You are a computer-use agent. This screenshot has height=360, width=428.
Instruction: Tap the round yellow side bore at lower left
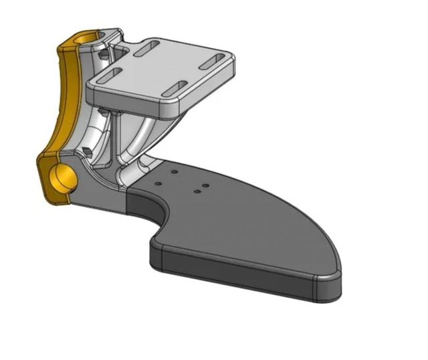point(63,179)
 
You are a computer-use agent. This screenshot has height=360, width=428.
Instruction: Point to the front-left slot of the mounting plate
point(116,74)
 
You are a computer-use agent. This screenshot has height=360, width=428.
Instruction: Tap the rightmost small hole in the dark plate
point(206,185)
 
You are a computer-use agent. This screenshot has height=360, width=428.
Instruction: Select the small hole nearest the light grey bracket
point(173,172)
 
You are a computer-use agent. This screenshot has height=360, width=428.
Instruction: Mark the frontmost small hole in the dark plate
point(198,192)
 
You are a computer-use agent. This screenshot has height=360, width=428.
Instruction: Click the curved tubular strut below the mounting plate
point(144,137)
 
